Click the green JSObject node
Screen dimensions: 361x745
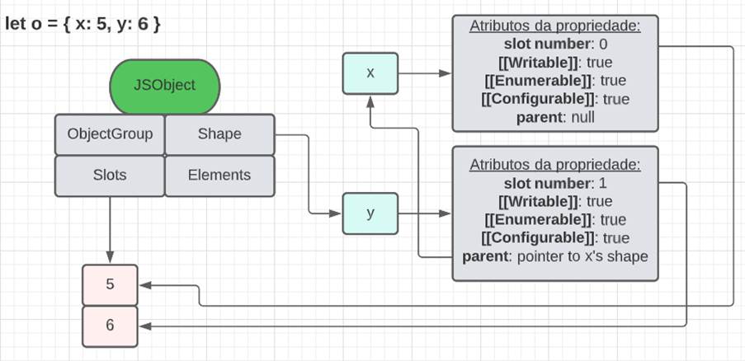pos(165,86)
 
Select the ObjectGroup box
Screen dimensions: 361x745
pos(110,134)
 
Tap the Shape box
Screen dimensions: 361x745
pos(219,134)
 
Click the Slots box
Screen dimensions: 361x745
pos(110,175)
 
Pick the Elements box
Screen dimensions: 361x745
pos(219,175)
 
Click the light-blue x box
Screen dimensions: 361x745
pos(370,73)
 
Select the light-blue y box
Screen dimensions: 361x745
pos(370,213)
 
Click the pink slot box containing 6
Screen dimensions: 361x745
pos(110,326)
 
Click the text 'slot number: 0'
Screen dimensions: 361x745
pos(554,44)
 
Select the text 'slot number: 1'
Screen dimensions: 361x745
pos(554,183)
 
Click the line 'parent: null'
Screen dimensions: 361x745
pos(554,117)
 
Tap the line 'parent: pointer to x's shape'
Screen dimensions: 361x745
pos(554,256)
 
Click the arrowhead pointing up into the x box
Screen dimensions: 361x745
pos(370,100)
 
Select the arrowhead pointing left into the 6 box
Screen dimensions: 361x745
pos(144,326)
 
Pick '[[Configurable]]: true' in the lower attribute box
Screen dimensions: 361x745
pos(554,238)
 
